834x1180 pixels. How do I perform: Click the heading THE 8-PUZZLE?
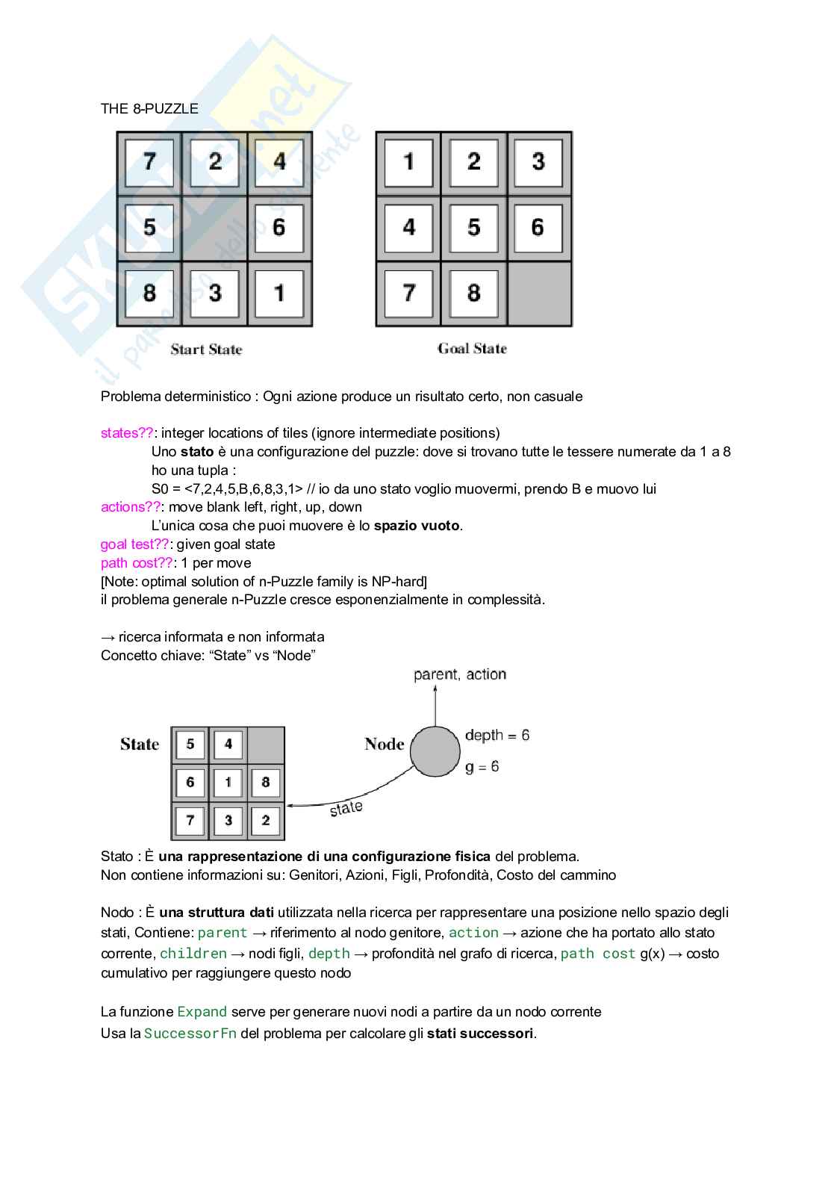[149, 109]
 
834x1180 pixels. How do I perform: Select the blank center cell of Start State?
[214, 228]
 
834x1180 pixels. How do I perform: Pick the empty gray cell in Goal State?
[540, 294]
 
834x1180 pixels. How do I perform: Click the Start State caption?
[206, 350]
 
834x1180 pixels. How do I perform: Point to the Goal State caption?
[472, 349]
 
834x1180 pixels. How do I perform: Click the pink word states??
[127, 433]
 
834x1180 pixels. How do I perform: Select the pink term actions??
[131, 507]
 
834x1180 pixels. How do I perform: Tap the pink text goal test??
[134, 544]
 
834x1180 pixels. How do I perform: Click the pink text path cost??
[137, 563]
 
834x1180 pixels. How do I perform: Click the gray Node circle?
[435, 751]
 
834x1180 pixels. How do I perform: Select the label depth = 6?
[497, 736]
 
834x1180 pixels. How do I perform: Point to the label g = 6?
[482, 767]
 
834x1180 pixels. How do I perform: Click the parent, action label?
[460, 674]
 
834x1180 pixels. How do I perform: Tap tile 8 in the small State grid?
[265, 783]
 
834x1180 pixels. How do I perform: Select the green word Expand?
[202, 1012]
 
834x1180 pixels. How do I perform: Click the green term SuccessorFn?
[190, 1034]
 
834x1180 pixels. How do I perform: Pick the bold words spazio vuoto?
[417, 526]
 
